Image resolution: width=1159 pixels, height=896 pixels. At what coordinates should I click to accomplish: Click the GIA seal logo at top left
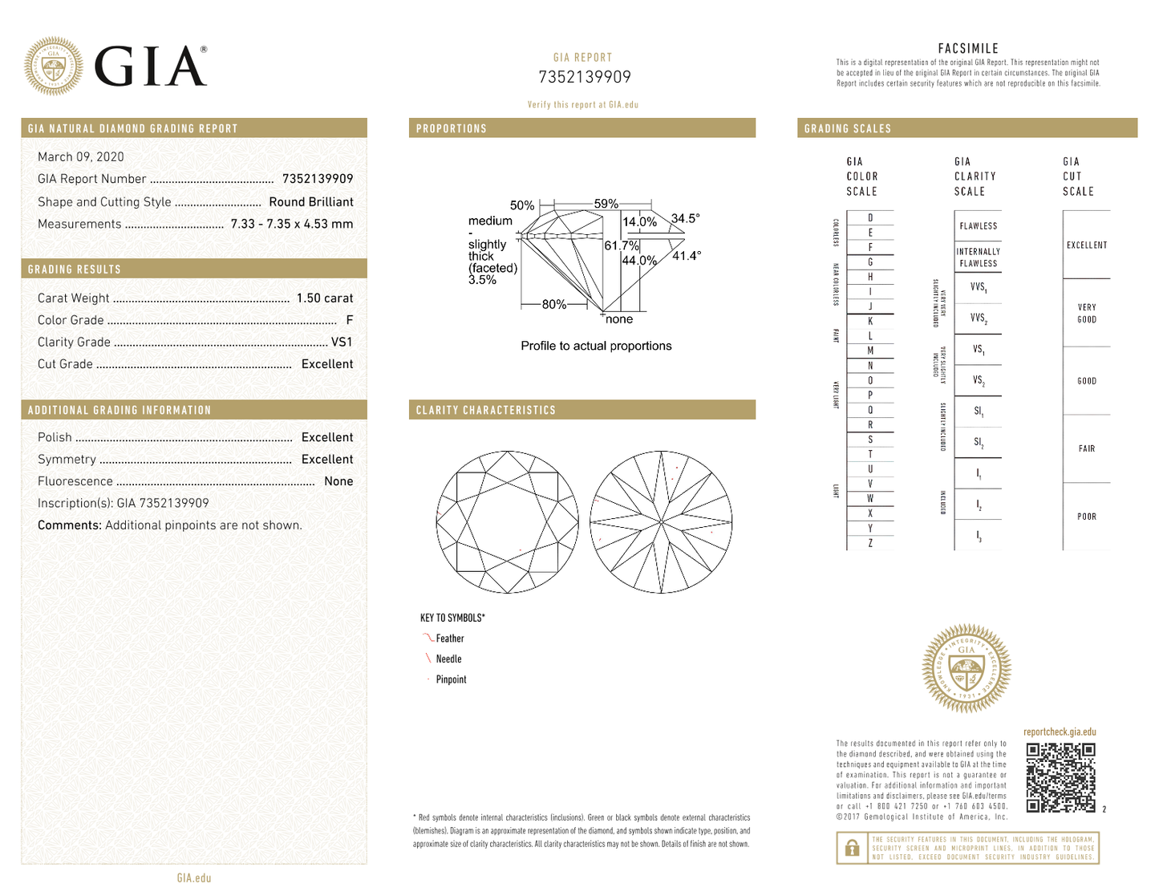point(54,66)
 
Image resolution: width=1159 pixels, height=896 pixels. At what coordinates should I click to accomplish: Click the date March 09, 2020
point(81,157)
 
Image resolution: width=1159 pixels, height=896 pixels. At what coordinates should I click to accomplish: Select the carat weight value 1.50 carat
point(324,298)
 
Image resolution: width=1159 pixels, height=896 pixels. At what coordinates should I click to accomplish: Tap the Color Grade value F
point(349,320)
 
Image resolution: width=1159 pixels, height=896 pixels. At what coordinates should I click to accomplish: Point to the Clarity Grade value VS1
point(342,342)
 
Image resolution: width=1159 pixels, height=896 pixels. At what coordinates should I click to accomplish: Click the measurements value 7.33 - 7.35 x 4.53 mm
point(292,225)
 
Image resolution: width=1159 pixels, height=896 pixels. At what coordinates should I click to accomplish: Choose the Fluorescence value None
point(338,481)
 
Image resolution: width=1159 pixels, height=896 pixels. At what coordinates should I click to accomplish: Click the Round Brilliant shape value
point(311,202)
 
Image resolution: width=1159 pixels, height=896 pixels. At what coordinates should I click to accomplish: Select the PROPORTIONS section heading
point(452,128)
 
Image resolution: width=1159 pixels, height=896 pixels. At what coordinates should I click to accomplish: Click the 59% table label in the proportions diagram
point(606,204)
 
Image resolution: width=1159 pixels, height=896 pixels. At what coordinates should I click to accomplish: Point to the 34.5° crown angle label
point(686,218)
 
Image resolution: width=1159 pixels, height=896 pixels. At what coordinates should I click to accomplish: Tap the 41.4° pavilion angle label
point(687,256)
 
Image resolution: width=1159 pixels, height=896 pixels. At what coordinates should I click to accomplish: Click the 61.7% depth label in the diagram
point(621,245)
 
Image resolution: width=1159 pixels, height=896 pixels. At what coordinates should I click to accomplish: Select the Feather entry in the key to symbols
point(450,639)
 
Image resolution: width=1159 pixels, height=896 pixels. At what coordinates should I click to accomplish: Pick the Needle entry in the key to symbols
point(448,659)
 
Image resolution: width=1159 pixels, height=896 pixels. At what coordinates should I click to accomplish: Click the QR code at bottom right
point(1060,777)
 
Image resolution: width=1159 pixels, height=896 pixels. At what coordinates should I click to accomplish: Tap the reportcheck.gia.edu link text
point(1060,732)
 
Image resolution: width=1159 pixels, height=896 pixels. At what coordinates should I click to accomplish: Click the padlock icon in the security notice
point(853,848)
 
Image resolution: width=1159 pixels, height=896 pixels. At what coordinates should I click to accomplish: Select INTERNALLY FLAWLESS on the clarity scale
point(978,257)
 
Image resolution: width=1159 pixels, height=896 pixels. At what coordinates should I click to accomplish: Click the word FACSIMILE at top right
point(968,49)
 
